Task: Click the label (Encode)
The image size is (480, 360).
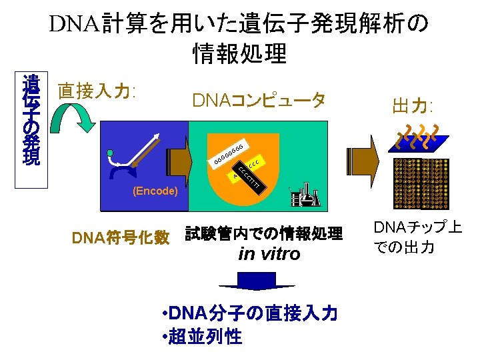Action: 155,191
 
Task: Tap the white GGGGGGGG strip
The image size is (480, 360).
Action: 228,153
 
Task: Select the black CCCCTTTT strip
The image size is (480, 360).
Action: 252,177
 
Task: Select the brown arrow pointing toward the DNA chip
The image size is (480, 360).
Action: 367,159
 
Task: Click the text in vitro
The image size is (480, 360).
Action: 269,254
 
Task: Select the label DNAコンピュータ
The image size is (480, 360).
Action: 259,101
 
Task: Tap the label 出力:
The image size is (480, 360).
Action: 413,107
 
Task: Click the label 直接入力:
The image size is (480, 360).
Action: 97,91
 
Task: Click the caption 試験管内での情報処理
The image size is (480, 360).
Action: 263,233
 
